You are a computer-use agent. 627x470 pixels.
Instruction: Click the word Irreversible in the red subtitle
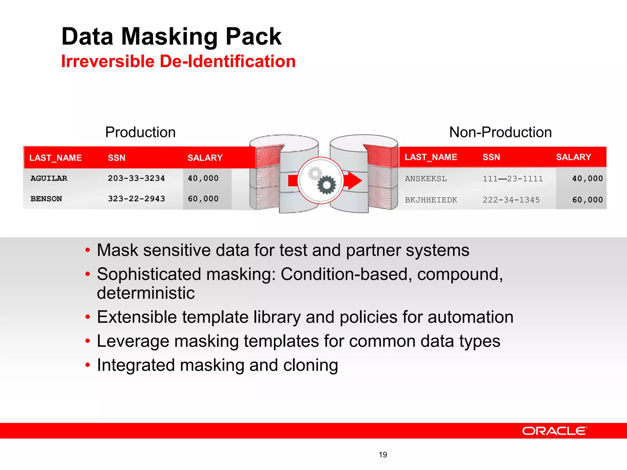coord(108,61)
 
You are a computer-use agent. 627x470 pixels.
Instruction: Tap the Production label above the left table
coord(140,132)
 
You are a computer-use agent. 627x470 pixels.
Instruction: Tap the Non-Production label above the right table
coord(500,132)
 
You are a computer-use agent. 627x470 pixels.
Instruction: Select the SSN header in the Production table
coord(116,158)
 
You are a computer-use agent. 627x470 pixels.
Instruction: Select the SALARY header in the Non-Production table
coord(573,157)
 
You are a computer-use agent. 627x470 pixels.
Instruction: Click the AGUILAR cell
coord(49,178)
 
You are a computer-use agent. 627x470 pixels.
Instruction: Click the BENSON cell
coord(46,199)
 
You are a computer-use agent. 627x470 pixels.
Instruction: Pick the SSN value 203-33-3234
coord(136,178)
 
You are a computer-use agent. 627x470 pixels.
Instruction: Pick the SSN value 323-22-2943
coord(136,199)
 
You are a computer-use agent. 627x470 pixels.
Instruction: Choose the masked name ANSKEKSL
coord(426,179)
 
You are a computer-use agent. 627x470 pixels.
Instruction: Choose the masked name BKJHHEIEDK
coord(431,200)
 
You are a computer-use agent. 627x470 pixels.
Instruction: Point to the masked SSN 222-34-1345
coord(511,200)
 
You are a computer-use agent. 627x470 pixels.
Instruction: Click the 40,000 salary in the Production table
coord(203,178)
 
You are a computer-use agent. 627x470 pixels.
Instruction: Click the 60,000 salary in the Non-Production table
coord(587,200)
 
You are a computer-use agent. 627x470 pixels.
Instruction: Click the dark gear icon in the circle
coord(326,185)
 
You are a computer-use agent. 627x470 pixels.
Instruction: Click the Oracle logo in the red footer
coord(554,431)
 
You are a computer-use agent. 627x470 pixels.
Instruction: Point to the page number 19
coord(383,455)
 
